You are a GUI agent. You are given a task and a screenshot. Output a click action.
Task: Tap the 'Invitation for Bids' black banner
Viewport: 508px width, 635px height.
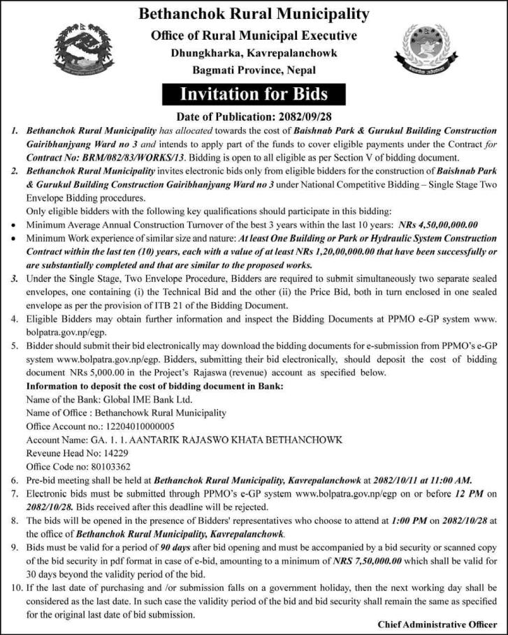pyautogui.click(x=254, y=94)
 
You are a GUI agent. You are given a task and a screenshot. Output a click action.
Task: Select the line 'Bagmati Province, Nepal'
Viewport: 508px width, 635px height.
pyautogui.click(x=254, y=70)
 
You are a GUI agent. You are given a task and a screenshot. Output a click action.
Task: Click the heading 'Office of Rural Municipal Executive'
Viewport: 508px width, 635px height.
pyautogui.click(x=254, y=35)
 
